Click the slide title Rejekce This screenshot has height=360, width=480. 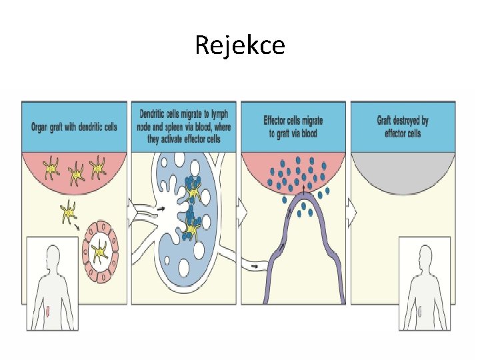240,45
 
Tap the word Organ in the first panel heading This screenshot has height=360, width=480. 41,126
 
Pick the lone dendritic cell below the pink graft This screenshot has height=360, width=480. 69,213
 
